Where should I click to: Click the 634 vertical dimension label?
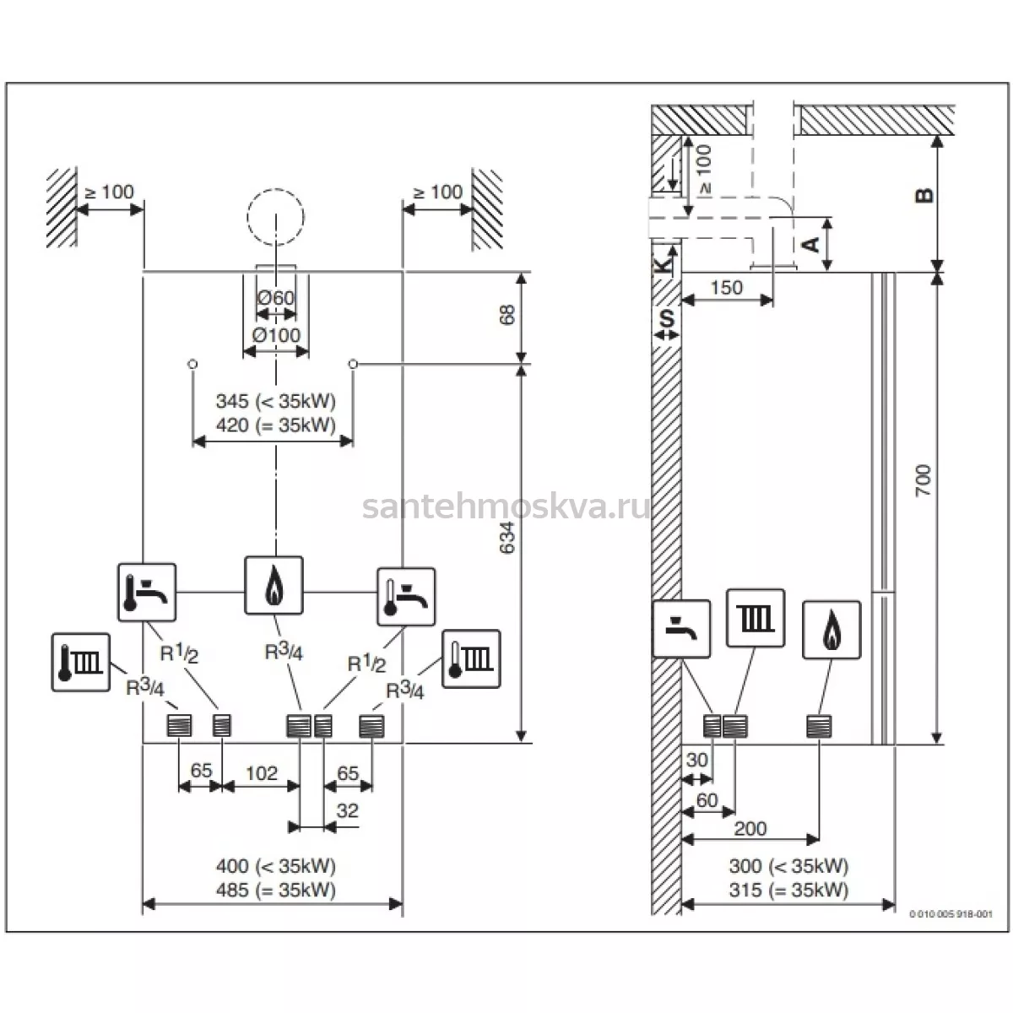[506, 537]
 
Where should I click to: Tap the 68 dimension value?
[507, 315]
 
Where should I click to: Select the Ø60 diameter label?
[276, 297]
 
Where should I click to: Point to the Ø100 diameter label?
[276, 335]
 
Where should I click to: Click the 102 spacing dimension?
[261, 773]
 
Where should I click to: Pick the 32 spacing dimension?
[348, 810]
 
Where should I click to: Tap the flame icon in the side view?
[832, 630]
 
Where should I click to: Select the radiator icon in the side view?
[756, 618]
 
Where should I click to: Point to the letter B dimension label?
[924, 196]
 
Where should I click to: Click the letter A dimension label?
[812, 245]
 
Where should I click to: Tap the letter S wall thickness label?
[667, 318]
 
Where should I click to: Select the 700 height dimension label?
[924, 480]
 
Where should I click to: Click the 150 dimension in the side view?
[727, 288]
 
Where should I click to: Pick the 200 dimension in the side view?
[750, 829]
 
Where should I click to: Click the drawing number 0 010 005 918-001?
[951, 914]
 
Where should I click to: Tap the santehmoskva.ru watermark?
[506, 507]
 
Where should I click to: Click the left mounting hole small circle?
[193, 364]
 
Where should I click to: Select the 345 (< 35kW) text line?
[275, 401]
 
